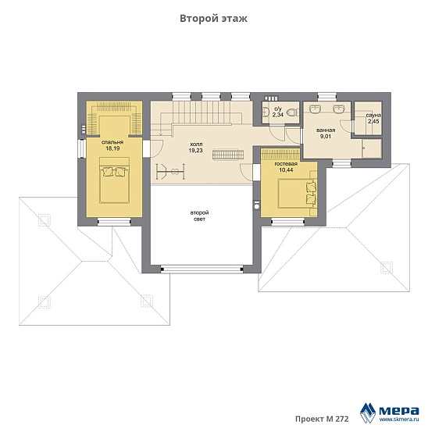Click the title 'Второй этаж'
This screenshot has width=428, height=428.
click(213, 19)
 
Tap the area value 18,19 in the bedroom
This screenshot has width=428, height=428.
click(112, 148)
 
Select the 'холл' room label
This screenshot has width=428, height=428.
click(196, 144)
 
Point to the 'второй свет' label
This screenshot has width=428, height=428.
click(199, 216)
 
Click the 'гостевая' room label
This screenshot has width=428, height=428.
click(286, 164)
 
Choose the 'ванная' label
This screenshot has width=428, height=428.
click(326, 130)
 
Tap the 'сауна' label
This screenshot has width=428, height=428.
click(373, 115)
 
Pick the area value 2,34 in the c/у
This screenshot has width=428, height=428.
click(277, 115)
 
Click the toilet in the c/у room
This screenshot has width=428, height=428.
click(294, 112)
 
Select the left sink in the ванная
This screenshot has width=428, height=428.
click(316, 109)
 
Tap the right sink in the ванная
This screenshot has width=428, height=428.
click(339, 109)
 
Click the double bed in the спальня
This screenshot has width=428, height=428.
click(114, 180)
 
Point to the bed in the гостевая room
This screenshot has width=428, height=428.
click(298, 193)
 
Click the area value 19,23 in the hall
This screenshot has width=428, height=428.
click(195, 150)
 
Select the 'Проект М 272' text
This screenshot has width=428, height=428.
click(322, 419)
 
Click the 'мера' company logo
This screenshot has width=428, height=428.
click(390, 412)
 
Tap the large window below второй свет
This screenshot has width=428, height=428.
click(202, 269)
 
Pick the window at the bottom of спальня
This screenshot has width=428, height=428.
click(114, 222)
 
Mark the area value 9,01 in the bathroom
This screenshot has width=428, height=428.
click(326, 136)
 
